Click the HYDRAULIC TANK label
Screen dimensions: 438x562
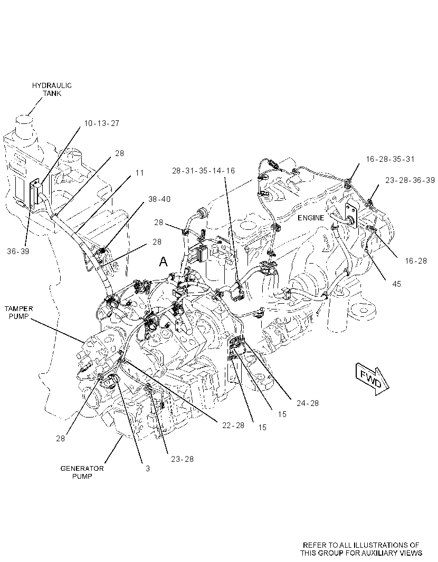[x=52, y=89]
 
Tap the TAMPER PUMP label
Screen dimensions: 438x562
[x=18, y=312]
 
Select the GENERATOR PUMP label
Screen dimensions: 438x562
[x=82, y=472]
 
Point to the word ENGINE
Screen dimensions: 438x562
[x=311, y=218]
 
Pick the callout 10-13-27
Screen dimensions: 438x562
[x=101, y=123]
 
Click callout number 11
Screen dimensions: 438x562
[x=139, y=173]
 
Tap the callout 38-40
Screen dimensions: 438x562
[x=159, y=199]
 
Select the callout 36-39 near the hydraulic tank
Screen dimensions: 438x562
[x=18, y=251]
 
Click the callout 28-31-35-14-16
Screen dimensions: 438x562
[x=203, y=171]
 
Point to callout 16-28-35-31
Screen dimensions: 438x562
[x=391, y=159]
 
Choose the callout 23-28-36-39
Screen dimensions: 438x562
[x=410, y=180]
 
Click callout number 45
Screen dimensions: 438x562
[x=397, y=284]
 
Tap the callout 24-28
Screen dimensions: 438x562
[x=308, y=403]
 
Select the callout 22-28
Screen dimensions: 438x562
[x=233, y=425]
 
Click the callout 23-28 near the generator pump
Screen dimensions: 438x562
[x=182, y=459]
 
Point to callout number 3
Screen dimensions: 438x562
[x=148, y=469]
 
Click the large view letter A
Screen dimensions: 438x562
[x=163, y=261]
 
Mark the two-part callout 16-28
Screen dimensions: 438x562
[x=416, y=261]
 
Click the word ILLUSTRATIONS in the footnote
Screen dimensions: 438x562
[x=380, y=545]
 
